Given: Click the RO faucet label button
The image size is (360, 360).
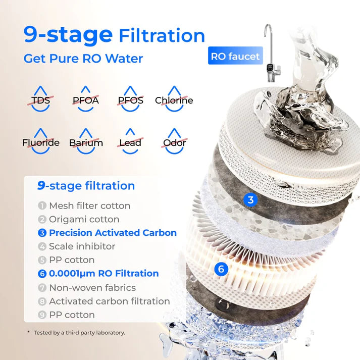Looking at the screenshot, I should coord(235,56).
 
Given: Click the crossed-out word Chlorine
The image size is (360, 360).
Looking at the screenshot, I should coord(174,100).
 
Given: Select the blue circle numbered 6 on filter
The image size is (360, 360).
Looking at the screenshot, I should coord(220,269).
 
